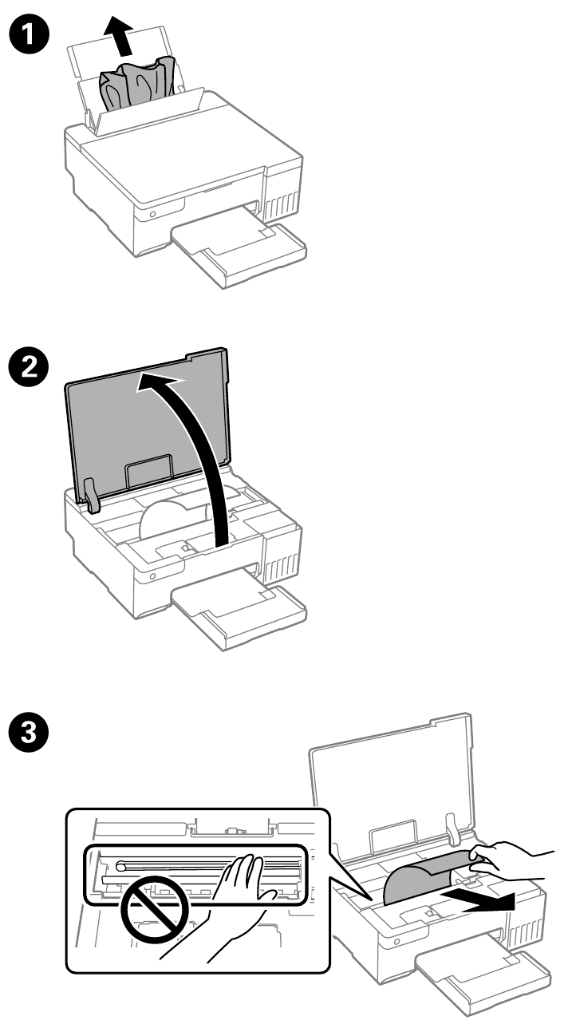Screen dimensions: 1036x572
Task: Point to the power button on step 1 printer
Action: pos(149,215)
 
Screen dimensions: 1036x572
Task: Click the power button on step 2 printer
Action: pos(149,574)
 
